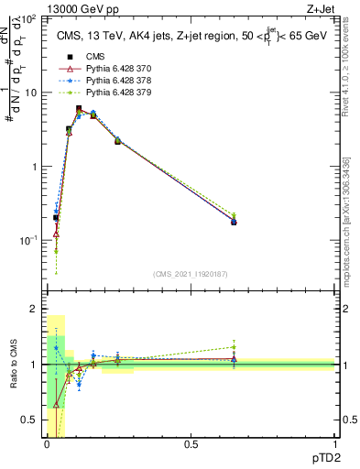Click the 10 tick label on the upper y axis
[32, 93]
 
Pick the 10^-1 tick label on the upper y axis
[29, 240]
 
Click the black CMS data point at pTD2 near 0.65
[234, 222]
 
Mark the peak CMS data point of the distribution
[79, 109]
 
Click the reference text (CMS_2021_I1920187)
[191, 273]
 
